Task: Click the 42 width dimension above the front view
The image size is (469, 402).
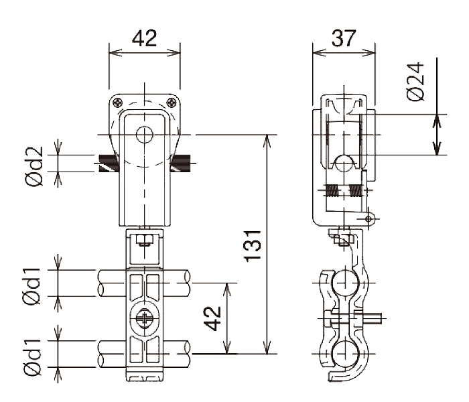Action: (144, 38)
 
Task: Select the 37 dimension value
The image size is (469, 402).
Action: (343, 38)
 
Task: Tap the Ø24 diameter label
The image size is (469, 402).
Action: (416, 82)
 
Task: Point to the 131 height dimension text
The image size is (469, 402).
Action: (253, 246)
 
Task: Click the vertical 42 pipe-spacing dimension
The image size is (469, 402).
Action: (214, 318)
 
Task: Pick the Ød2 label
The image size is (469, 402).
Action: (34, 166)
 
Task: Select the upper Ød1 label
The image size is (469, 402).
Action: (31, 287)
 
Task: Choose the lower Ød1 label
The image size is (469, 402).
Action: (31, 357)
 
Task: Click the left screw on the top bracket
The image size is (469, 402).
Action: (117, 103)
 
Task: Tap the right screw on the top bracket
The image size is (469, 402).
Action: (172, 103)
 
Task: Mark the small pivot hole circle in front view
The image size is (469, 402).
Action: (145, 135)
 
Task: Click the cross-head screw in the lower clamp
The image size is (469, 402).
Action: (145, 319)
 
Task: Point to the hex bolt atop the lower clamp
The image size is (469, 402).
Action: (145, 240)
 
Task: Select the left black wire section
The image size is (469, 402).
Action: (109, 163)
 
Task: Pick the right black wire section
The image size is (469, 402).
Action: (180, 163)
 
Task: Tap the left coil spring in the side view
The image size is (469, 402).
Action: (332, 190)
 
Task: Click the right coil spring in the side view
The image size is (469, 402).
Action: (355, 190)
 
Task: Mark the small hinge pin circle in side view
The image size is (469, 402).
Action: (368, 219)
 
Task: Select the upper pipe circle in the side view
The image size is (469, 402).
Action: (344, 283)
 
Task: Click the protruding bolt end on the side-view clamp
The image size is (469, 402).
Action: (374, 318)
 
